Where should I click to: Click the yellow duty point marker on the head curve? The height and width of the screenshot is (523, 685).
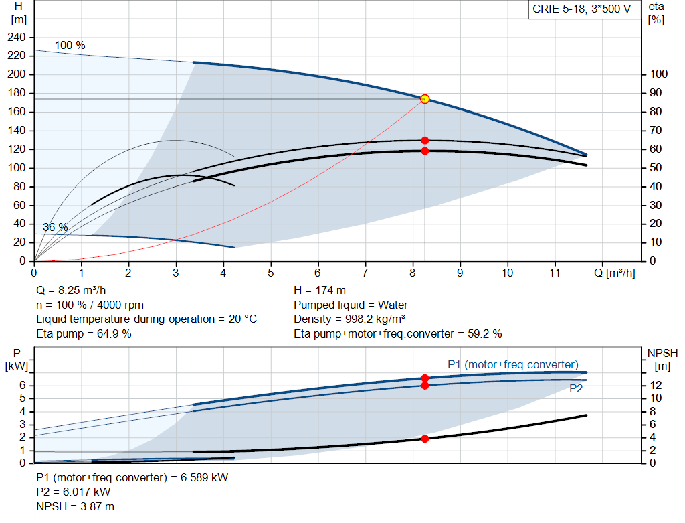coord(425,99)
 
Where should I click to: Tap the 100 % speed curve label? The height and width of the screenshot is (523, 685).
coord(70,46)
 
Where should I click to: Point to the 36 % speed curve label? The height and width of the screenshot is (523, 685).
coord(56,227)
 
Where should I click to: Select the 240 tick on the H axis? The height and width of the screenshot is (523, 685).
coord(15,38)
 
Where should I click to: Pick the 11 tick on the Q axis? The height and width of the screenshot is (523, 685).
coord(555,273)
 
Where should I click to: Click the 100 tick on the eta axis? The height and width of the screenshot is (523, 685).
coord(660,74)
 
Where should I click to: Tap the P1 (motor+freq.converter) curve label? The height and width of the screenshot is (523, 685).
coord(512,364)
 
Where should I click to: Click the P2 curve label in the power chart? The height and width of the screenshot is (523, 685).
coord(576,388)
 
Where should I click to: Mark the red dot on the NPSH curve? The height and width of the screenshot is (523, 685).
coord(425,439)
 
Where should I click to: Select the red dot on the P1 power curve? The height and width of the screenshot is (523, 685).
coord(425,378)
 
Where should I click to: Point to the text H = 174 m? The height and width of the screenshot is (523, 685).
coord(320,291)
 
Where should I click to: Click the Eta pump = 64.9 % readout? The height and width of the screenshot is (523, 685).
coord(84,333)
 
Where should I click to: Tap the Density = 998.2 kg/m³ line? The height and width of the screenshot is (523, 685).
coord(350,319)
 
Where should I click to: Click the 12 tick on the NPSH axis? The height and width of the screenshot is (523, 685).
coord(657,385)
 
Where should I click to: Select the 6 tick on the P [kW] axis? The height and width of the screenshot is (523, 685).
coord(22,385)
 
